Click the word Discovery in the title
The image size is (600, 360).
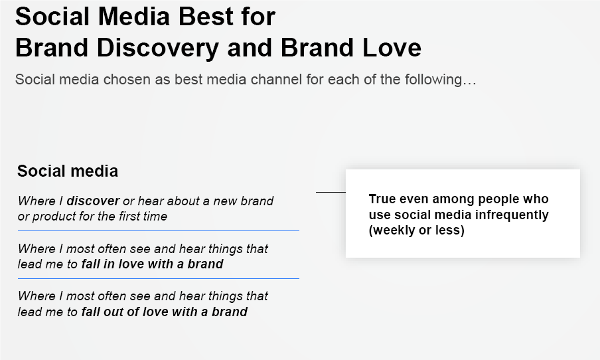pyautogui.click(x=157, y=48)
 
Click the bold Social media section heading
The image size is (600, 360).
pyautogui.click(x=68, y=171)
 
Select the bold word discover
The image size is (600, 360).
pyautogui.click(x=93, y=201)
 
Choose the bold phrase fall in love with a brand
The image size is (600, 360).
pyautogui.click(x=152, y=264)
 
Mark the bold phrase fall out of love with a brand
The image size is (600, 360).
pyautogui.click(x=165, y=312)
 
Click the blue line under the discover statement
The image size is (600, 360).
pyautogui.click(x=159, y=231)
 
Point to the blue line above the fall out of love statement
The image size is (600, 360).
pyautogui.click(x=159, y=279)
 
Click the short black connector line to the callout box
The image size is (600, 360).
pyautogui.click(x=331, y=192)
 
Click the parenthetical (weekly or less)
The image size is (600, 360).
pyautogui.click(x=417, y=230)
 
